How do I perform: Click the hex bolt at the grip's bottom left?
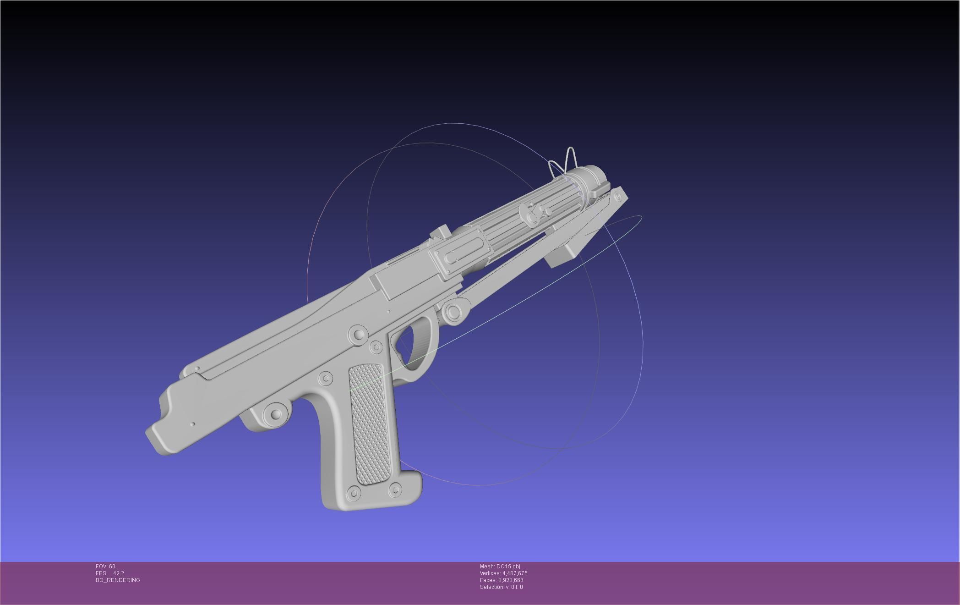[x=354, y=493]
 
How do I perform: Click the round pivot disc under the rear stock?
[x=276, y=414]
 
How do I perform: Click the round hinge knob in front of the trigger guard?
[x=453, y=312]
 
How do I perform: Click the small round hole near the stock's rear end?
[x=193, y=424]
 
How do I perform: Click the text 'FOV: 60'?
[x=105, y=566]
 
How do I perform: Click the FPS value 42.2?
[x=118, y=573]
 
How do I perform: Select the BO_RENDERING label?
[x=118, y=580]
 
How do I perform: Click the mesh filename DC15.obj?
[x=508, y=566]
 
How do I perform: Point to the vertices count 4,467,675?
[x=515, y=573]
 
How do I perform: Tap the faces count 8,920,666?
[x=511, y=580]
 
